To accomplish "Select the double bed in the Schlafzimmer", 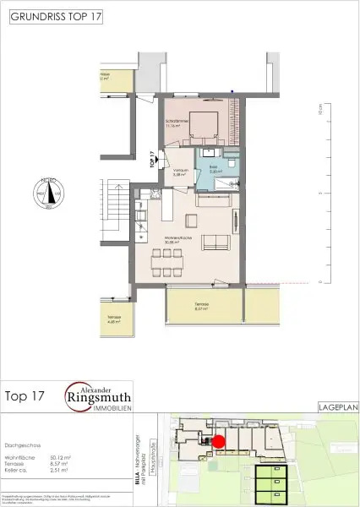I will (x=206, y=126).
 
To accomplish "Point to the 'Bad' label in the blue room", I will (x=215, y=168).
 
